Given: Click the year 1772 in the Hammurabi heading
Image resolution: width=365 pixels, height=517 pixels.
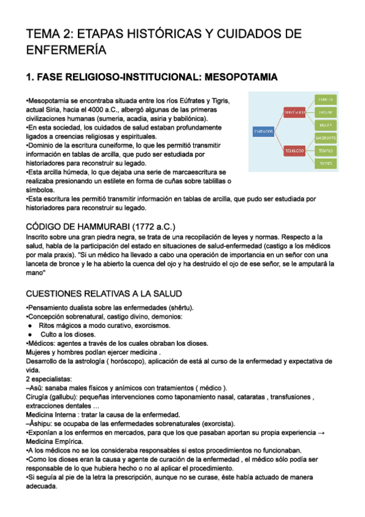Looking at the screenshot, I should click(146, 225).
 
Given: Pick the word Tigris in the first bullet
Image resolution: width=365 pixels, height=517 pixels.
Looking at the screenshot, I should click(217, 100).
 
